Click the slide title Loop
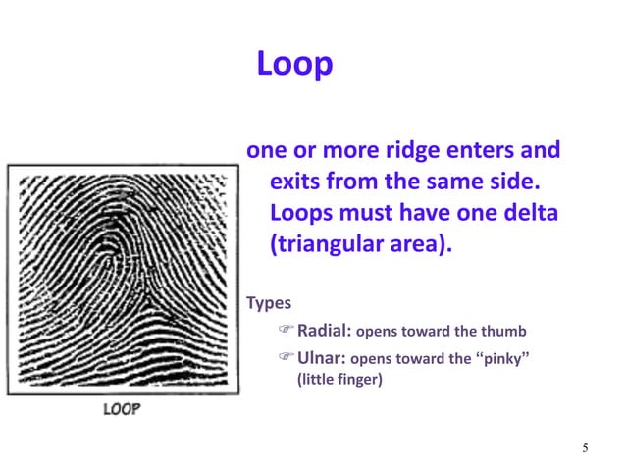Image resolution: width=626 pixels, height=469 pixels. coord(294,65)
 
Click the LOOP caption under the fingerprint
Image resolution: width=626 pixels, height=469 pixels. coord(123,408)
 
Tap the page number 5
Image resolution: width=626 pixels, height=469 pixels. coord(585,449)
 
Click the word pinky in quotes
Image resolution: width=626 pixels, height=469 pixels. coord(503,358)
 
